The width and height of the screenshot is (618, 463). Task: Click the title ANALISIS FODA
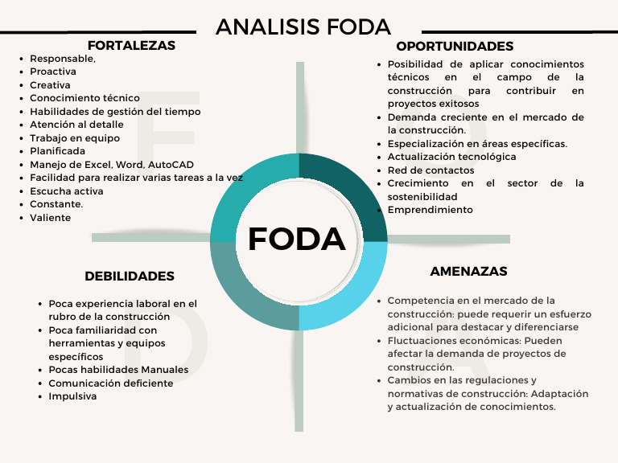point(303,27)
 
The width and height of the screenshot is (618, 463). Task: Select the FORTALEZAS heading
point(131,46)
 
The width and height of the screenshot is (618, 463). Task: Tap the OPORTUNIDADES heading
point(455,47)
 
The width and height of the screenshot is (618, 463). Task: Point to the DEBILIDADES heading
point(130,277)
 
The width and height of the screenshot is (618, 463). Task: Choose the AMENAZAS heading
point(468,272)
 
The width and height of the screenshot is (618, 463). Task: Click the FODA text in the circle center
point(297,239)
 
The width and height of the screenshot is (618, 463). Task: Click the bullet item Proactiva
point(53,72)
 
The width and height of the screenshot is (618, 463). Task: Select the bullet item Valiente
point(51,218)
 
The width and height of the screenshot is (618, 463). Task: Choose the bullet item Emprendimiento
point(430,210)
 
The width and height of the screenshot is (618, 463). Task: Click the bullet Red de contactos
point(431,170)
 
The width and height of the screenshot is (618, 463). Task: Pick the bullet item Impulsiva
point(72,396)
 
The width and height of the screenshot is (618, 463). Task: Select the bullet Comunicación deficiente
point(110,383)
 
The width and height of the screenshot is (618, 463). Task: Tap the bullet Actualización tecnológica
point(451,157)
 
